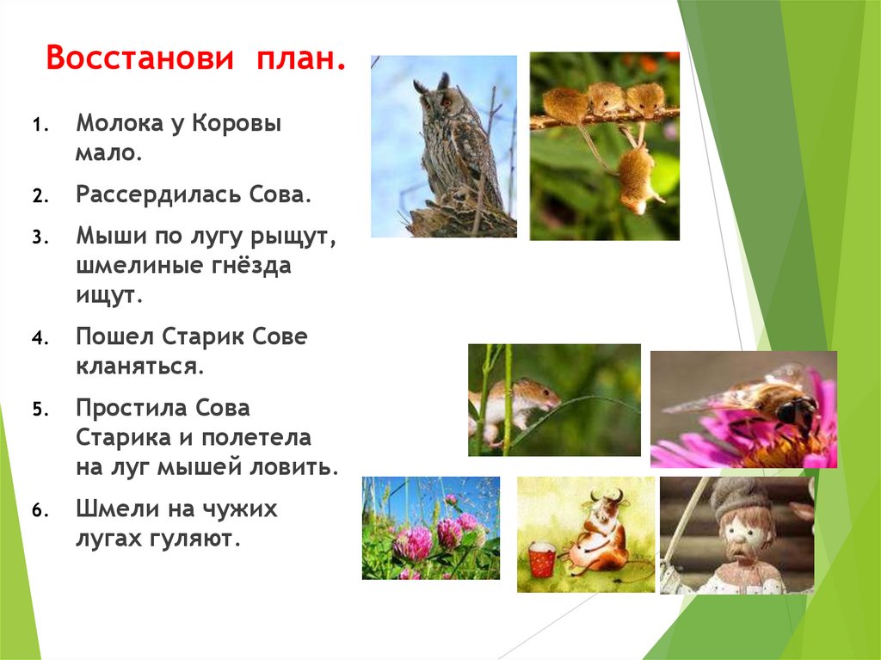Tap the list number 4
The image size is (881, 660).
(x=39, y=338)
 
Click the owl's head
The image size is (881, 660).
(x=434, y=98)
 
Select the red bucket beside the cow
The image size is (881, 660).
(x=541, y=558)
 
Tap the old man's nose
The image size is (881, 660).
(x=742, y=543)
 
